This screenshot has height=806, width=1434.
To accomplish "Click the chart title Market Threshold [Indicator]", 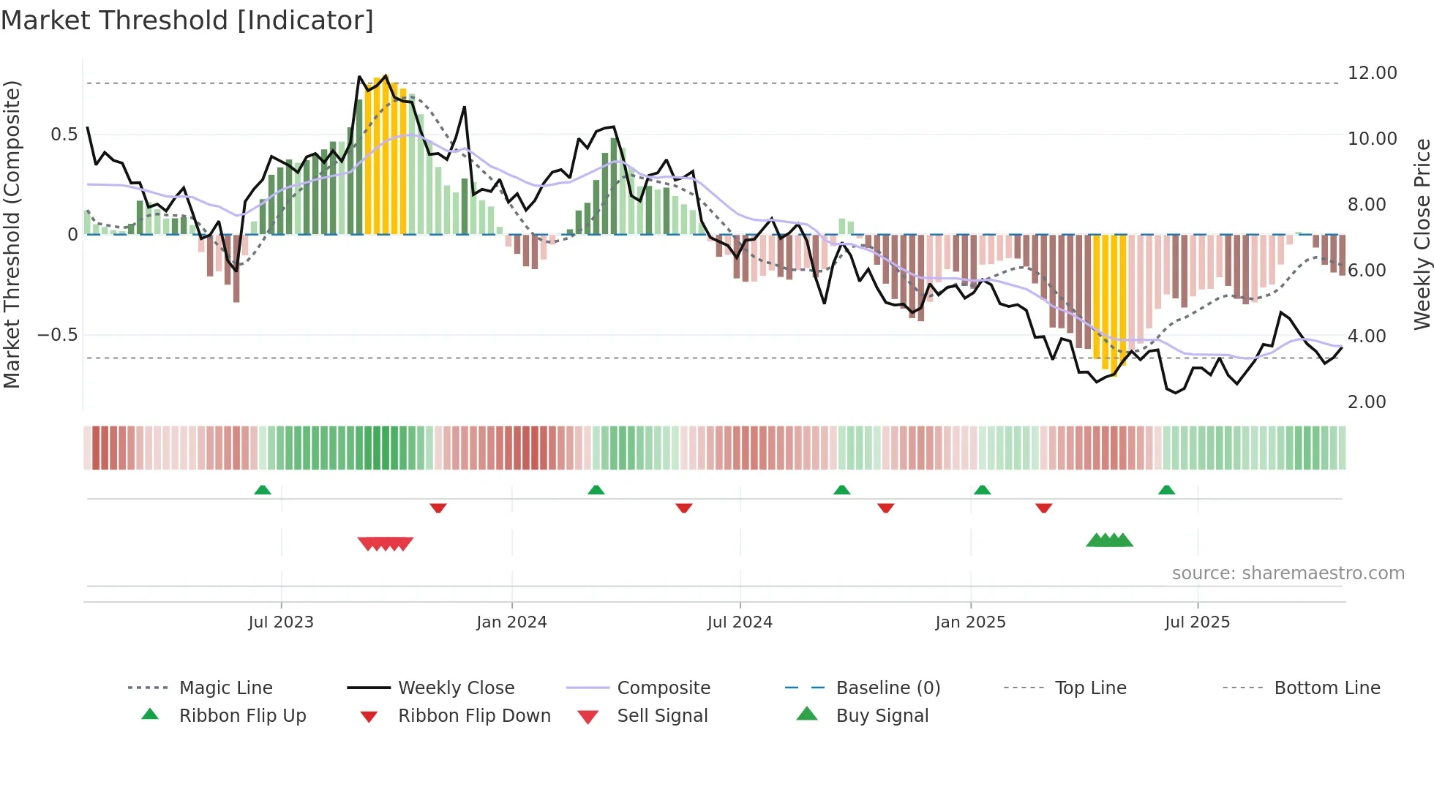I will [187, 20].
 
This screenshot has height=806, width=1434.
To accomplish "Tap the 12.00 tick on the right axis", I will [1372, 73].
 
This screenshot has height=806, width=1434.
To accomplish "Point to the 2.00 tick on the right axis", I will [1366, 402].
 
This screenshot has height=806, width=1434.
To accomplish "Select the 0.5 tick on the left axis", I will [64, 135].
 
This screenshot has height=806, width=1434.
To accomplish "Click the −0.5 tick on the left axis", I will [58, 335].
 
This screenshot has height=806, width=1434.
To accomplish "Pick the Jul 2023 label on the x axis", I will [281, 622].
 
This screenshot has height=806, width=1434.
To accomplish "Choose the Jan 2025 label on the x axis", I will [970, 622].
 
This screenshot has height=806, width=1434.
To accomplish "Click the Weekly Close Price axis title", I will [1422, 234].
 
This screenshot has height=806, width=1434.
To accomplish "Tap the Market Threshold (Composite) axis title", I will [12, 234].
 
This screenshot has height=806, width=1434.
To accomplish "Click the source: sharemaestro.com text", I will [1288, 573].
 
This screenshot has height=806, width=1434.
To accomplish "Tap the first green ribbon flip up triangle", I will [263, 490].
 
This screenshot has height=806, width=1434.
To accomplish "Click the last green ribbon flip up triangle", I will [1166, 490].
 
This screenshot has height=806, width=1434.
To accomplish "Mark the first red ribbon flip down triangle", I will [438, 508].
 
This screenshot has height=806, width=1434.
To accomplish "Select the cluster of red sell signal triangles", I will [386, 543].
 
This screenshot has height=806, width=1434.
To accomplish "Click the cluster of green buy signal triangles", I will [1109, 541].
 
